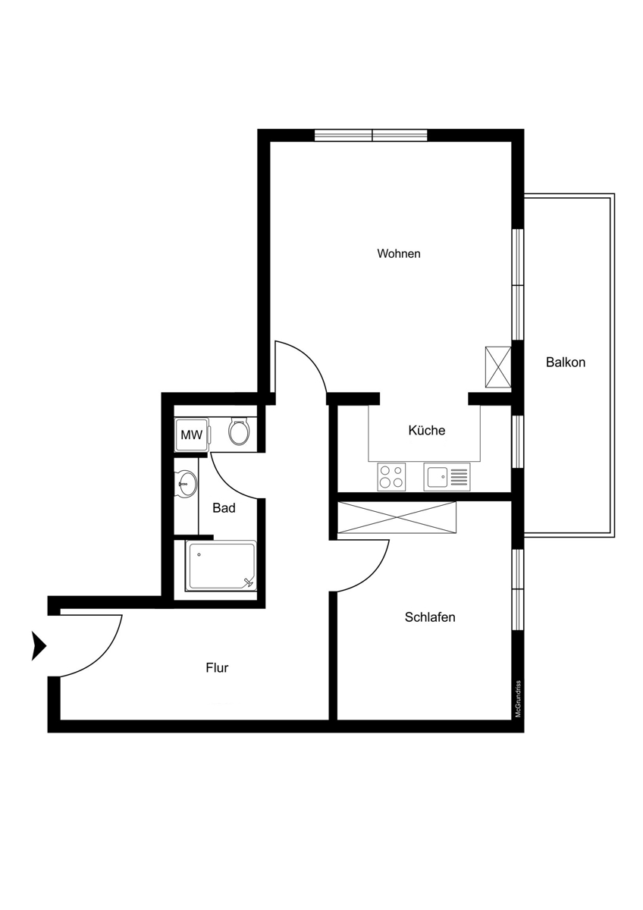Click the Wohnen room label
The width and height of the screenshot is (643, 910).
399,254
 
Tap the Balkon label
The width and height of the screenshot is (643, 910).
566,362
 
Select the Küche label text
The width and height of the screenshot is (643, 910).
426,430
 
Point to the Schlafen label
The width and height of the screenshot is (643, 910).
430,617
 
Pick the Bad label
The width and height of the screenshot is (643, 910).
224,508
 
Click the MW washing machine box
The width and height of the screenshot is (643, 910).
192,435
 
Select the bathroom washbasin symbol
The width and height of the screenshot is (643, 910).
186,484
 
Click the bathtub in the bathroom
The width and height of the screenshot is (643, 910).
221,566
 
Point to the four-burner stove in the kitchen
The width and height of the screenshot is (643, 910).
391,477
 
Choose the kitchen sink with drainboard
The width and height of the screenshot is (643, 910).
447,477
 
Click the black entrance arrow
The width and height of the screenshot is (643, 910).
39,645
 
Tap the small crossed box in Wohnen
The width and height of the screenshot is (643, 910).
498,368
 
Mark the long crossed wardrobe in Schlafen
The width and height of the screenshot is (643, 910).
397,517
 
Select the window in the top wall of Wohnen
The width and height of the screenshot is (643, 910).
372,135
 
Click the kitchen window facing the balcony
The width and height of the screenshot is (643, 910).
517,441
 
